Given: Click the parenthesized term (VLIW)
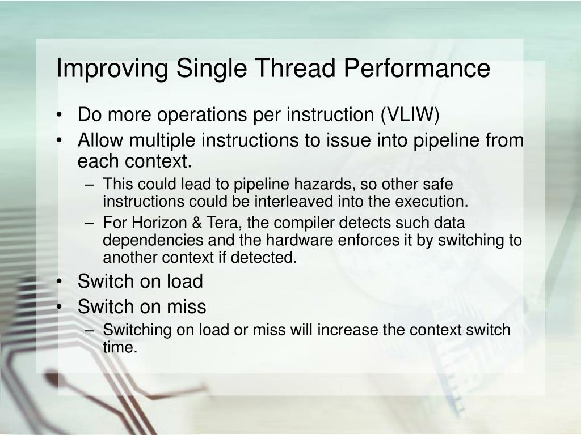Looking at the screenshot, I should click(x=410, y=114).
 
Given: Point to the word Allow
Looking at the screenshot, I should click(x=99, y=139).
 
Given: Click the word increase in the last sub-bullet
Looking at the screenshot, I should click(x=344, y=330).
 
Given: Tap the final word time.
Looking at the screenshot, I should click(x=120, y=347).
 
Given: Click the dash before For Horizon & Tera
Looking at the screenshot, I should click(x=91, y=224).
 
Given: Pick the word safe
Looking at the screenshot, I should click(x=437, y=185).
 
